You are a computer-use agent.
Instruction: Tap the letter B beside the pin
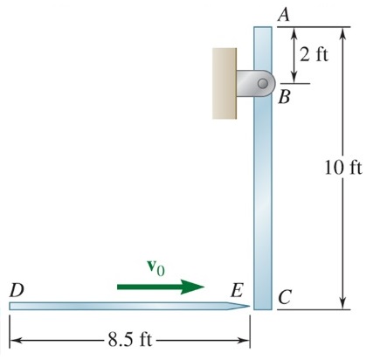[284, 97]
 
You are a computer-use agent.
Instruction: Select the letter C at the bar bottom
[284, 298]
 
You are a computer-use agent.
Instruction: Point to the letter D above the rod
[16, 288]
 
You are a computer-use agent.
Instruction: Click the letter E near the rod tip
[237, 289]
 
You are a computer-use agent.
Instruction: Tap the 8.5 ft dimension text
[129, 338]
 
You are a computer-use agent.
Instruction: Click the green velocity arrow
[162, 287]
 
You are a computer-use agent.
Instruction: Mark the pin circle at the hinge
[262, 83]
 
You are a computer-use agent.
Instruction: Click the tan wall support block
[224, 83]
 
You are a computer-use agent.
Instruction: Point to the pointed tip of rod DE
[245, 306]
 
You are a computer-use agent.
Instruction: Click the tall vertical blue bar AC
[263, 192]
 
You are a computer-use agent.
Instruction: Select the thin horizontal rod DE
[122, 306]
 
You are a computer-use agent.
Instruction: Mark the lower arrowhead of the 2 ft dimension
[294, 79]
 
